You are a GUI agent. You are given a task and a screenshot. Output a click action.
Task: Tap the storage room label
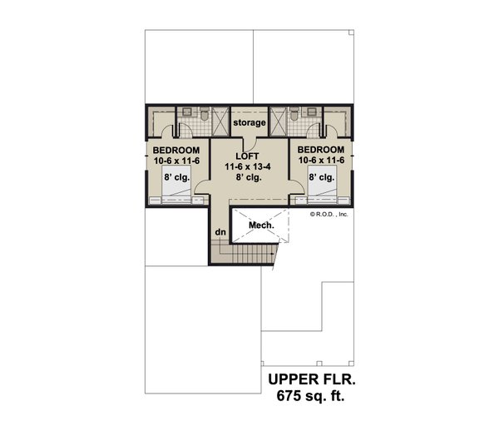click(x=249, y=123)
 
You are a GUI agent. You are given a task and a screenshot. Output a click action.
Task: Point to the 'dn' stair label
click(x=220, y=232)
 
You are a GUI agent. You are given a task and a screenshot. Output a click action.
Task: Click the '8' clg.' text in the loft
click(x=249, y=177)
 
